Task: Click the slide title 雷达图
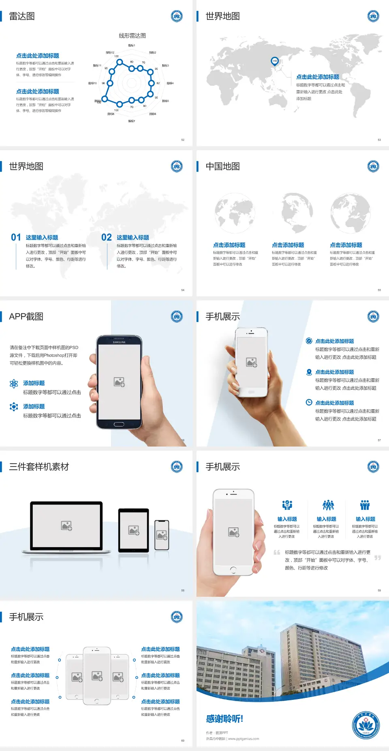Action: click(x=22, y=16)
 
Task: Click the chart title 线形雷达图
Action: click(x=132, y=36)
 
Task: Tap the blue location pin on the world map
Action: click(x=274, y=61)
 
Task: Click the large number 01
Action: click(x=16, y=237)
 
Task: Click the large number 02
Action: click(x=107, y=237)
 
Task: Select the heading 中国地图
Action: click(x=222, y=166)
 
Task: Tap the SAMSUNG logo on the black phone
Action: click(x=119, y=342)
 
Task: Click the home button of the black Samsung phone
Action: click(x=119, y=424)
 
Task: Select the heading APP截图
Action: click(x=26, y=317)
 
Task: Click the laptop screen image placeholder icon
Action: click(x=66, y=526)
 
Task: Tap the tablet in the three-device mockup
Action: click(x=134, y=530)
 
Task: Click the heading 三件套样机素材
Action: click(x=39, y=467)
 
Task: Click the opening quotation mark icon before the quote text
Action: click(x=277, y=552)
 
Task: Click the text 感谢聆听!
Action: click(x=224, y=719)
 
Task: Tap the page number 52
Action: click(x=183, y=140)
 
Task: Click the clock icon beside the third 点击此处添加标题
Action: click(x=309, y=402)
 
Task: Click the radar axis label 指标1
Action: click(x=132, y=45)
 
